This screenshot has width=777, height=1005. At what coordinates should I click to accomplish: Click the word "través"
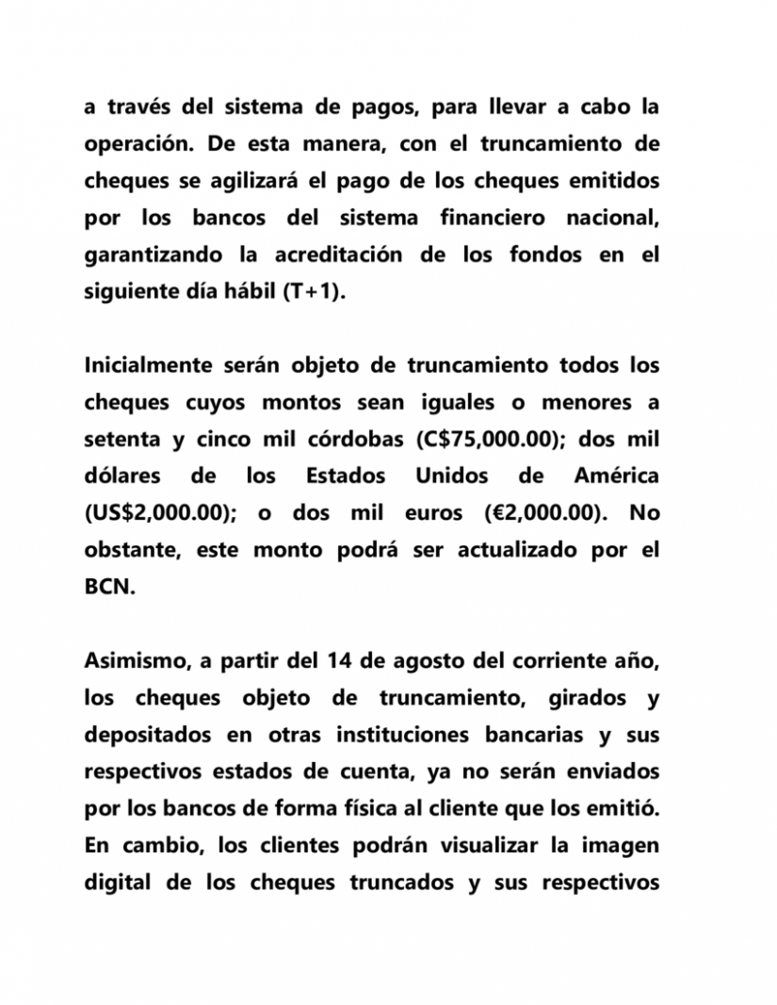point(138,108)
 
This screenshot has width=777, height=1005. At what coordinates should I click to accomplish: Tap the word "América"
point(616,477)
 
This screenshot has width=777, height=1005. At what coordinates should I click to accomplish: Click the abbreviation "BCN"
point(110,587)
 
